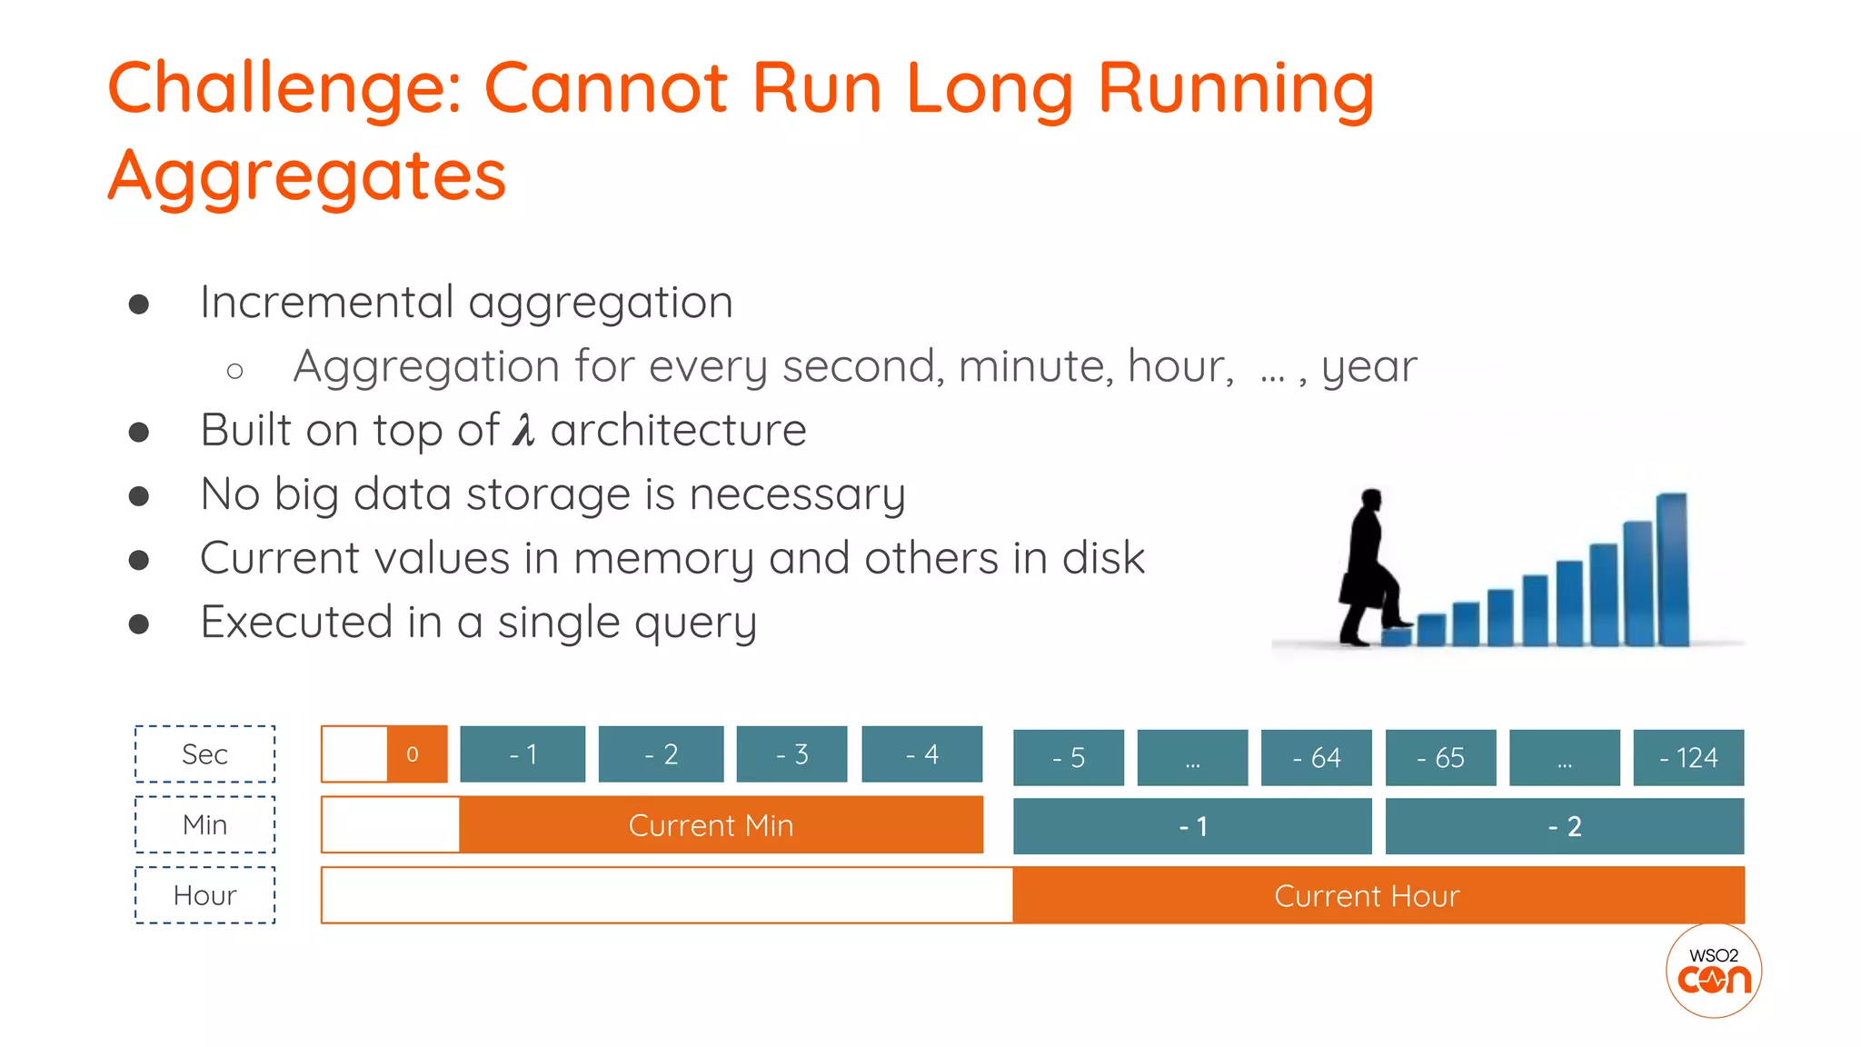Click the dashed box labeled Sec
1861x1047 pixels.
[x=204, y=754]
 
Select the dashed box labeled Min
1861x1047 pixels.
[x=204, y=824]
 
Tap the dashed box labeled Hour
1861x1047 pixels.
[x=204, y=895]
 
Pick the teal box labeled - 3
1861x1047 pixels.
[x=791, y=754]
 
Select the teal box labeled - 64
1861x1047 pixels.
[x=1316, y=757]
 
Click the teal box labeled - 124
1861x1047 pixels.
[x=1688, y=757]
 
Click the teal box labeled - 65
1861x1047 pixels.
[x=1440, y=757]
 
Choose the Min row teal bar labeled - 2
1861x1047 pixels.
[x=1564, y=826]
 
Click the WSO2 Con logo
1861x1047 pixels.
[x=1714, y=971]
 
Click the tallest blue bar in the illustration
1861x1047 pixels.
[x=1672, y=569]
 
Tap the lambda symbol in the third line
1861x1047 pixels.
[x=523, y=430]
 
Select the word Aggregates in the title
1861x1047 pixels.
[x=307, y=175]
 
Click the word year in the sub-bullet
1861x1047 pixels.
[x=1368, y=367]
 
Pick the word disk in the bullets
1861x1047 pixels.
[x=1103, y=558]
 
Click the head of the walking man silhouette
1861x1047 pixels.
[x=1370, y=501]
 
